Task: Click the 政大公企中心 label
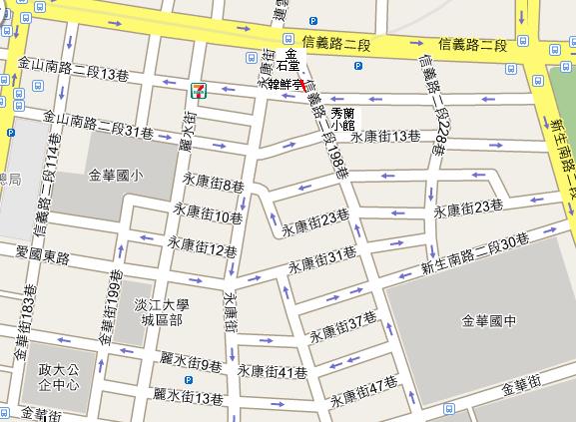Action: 58,378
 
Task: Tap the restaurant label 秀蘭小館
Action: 343,119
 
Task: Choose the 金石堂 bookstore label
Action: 291,61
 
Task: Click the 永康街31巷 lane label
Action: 322,260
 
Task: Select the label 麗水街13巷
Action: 191,399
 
